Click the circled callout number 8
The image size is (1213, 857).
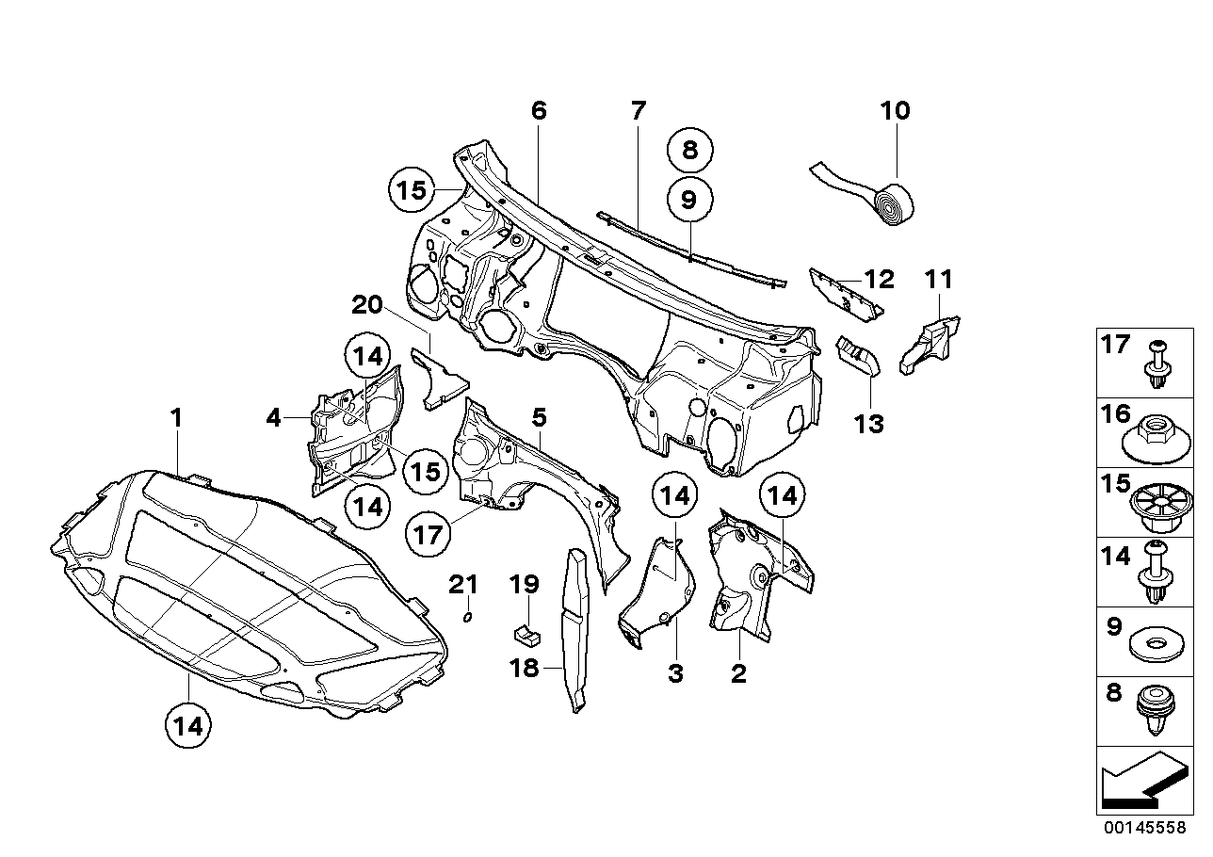pyautogui.click(x=690, y=150)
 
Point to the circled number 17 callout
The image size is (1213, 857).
pyautogui.click(x=428, y=535)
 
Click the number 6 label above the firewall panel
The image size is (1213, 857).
pyautogui.click(x=538, y=111)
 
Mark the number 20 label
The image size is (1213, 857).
pyautogui.click(x=368, y=305)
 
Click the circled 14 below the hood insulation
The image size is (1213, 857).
pyautogui.click(x=187, y=726)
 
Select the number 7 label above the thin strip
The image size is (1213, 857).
pyautogui.click(x=639, y=111)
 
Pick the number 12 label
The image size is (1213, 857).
pyautogui.click(x=879, y=279)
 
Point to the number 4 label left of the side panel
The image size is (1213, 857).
pyautogui.click(x=273, y=417)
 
